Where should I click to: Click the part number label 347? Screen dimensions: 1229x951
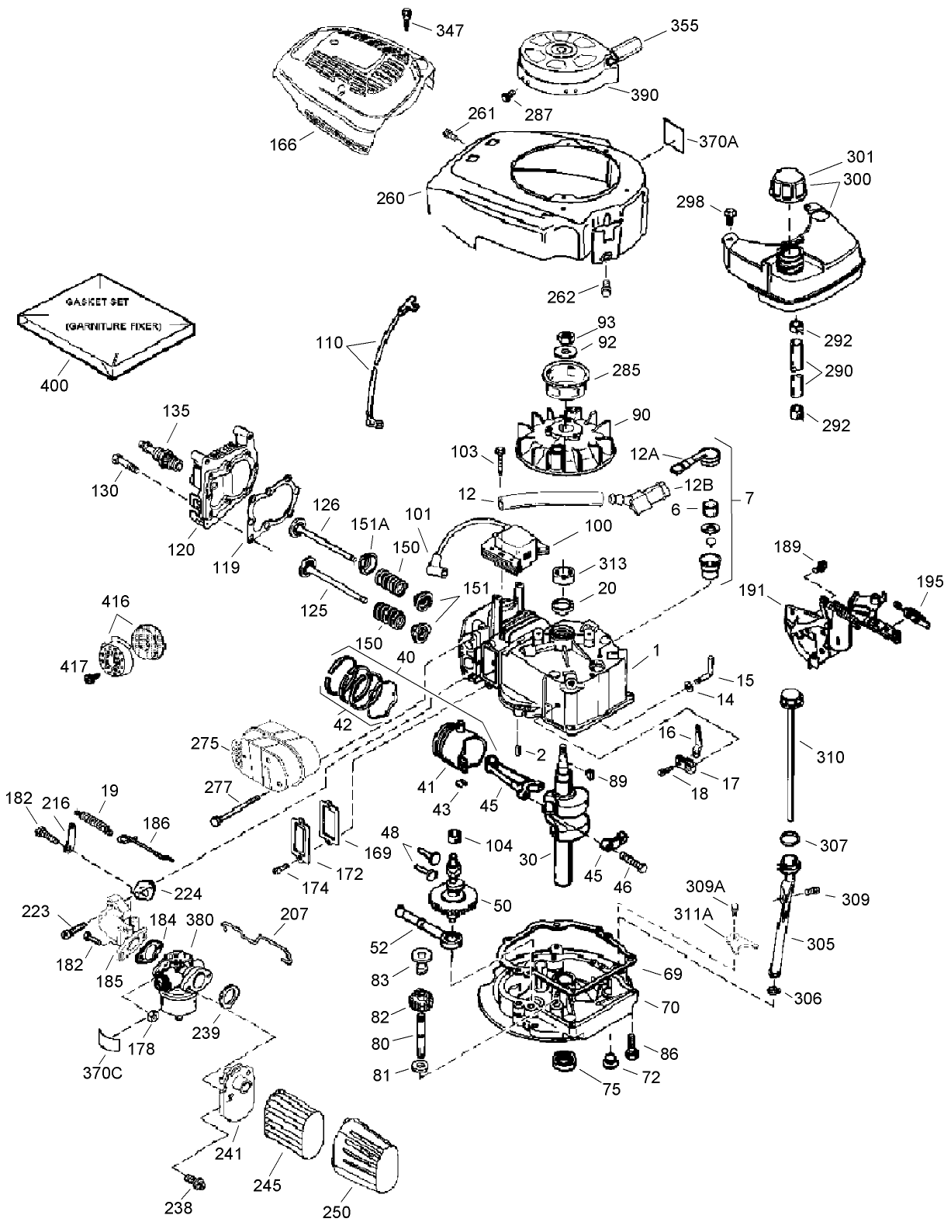pos(450,31)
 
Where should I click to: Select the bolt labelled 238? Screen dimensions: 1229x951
pos(193,1181)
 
